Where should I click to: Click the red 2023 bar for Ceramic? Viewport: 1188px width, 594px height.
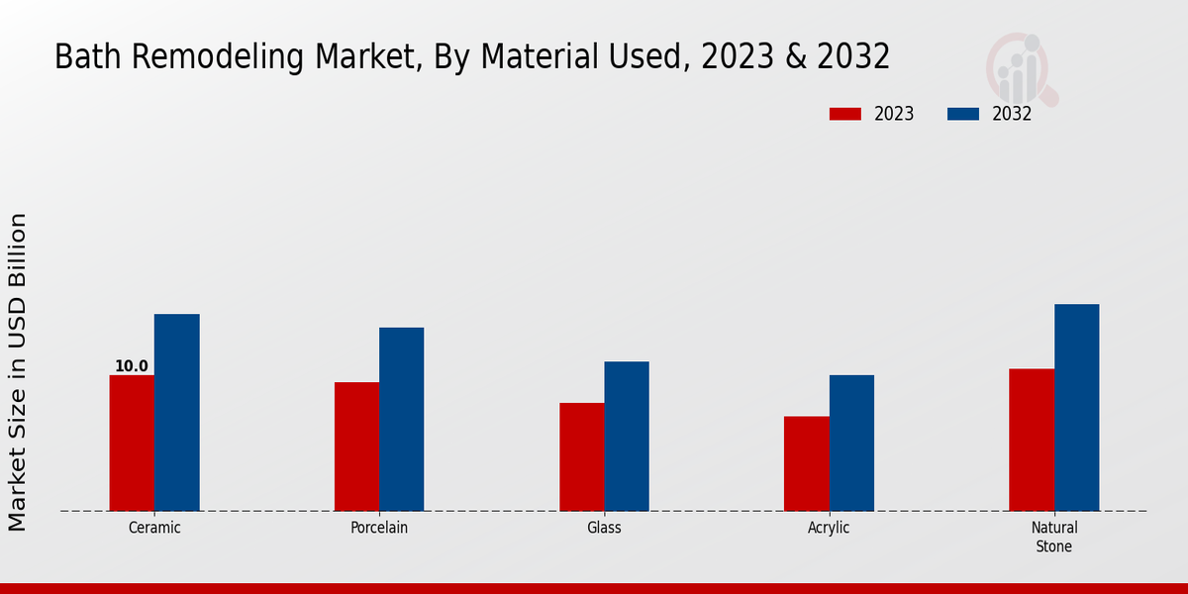tap(132, 443)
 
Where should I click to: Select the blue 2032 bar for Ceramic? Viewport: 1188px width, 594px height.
tap(176, 412)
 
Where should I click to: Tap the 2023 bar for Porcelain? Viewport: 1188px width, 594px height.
tap(356, 446)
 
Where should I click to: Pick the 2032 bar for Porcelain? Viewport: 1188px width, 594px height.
tap(401, 419)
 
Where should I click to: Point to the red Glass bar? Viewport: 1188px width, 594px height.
tap(581, 456)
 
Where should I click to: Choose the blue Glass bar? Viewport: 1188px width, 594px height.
tap(627, 436)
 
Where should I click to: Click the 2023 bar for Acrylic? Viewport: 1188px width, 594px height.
tap(806, 463)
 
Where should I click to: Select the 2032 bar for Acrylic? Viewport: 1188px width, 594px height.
tap(851, 443)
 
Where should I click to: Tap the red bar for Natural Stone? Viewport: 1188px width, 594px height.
tap(1032, 440)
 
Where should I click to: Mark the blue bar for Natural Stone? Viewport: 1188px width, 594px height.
tap(1076, 407)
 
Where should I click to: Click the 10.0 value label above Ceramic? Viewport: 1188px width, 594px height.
tap(132, 366)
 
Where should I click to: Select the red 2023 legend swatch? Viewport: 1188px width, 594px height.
tap(844, 114)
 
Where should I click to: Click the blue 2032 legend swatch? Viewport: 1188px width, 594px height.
tap(962, 114)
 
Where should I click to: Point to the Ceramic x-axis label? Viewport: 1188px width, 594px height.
tap(154, 528)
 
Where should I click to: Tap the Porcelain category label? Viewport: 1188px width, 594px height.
tap(379, 528)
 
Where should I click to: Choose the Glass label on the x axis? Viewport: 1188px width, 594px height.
tap(604, 528)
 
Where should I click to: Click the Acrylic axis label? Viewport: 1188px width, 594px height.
tap(829, 528)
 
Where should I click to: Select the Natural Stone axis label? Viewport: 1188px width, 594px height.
tap(1054, 537)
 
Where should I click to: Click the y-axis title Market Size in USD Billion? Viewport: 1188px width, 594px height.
tap(19, 371)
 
